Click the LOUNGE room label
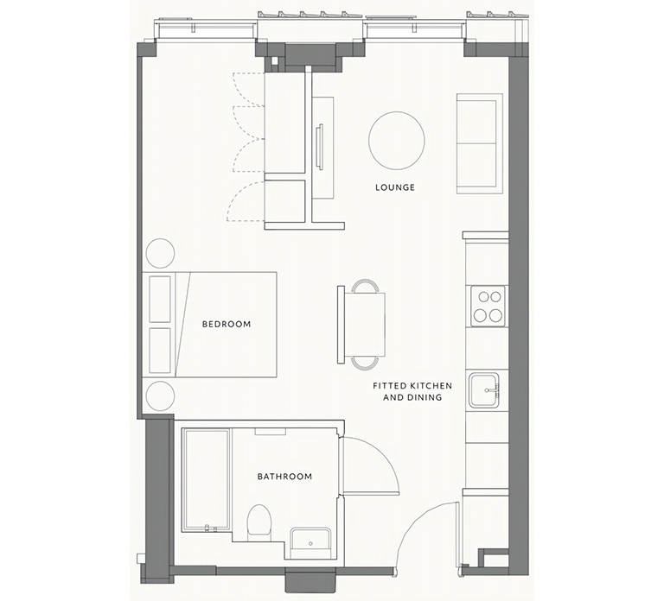(x=394, y=187)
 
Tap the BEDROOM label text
(x=227, y=324)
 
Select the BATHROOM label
(x=285, y=477)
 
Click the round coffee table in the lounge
(x=396, y=141)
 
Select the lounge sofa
(x=477, y=143)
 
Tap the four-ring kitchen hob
(x=488, y=307)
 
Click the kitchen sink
(x=484, y=390)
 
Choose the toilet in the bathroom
(x=259, y=521)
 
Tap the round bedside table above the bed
(x=160, y=253)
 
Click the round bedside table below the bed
(x=160, y=395)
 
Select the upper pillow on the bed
(x=160, y=299)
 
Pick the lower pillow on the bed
(x=160, y=351)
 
